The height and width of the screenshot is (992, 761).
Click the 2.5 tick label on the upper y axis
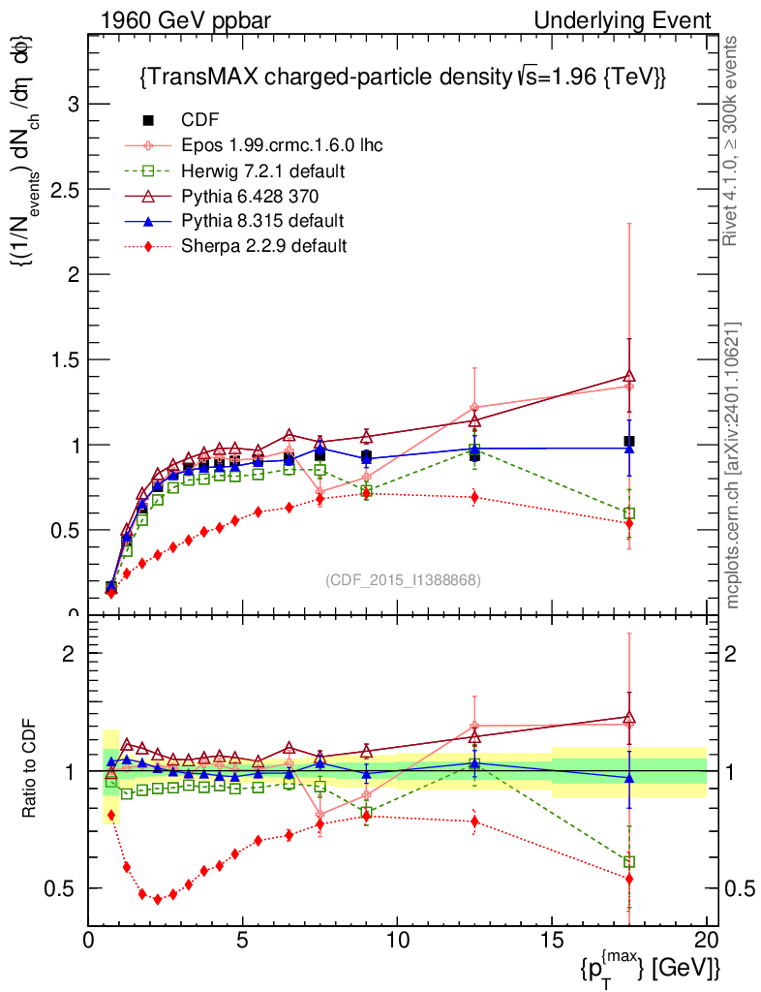[63, 190]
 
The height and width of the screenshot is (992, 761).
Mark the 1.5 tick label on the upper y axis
[63, 359]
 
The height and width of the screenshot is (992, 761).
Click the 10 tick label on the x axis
[397, 940]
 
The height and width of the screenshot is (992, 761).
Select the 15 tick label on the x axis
[551, 940]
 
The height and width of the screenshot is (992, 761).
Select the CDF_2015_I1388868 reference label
[403, 579]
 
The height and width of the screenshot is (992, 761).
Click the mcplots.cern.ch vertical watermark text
[734, 465]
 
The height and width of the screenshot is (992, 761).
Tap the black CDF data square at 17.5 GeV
[629, 442]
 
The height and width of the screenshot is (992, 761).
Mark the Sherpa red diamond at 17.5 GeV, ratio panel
[629, 879]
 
